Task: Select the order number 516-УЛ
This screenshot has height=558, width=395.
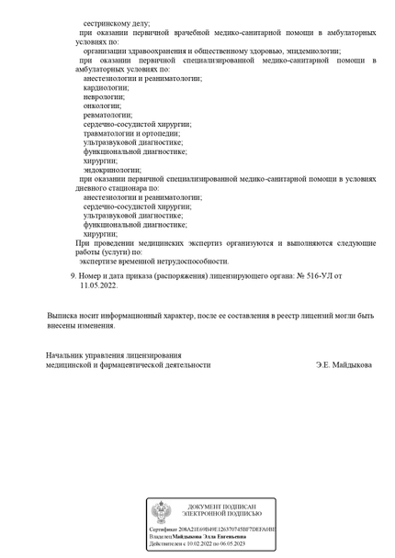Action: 317,275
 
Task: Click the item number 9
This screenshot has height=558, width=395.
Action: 73,275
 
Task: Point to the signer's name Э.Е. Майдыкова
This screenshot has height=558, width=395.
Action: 344,364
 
